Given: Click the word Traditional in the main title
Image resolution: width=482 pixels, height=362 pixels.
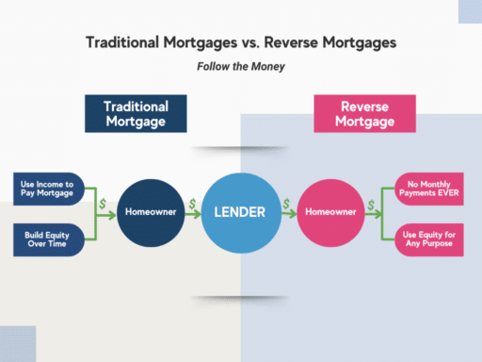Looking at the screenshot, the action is [122, 42].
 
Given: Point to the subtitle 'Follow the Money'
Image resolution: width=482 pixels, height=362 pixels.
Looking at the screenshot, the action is [240, 67].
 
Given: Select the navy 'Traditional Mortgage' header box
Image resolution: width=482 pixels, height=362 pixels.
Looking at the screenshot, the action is [137, 113].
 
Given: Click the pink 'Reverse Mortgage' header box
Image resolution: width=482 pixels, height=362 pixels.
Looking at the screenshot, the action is [364, 113].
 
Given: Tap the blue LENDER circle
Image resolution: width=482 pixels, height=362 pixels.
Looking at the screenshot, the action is [240, 213].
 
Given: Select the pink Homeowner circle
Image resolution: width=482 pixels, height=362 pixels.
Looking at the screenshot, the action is [329, 212].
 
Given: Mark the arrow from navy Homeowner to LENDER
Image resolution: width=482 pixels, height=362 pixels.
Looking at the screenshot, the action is [193, 213].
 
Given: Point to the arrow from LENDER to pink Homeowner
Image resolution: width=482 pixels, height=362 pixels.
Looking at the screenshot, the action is [287, 213].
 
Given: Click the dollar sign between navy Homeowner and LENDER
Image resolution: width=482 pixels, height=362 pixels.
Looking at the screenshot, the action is [192, 203].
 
